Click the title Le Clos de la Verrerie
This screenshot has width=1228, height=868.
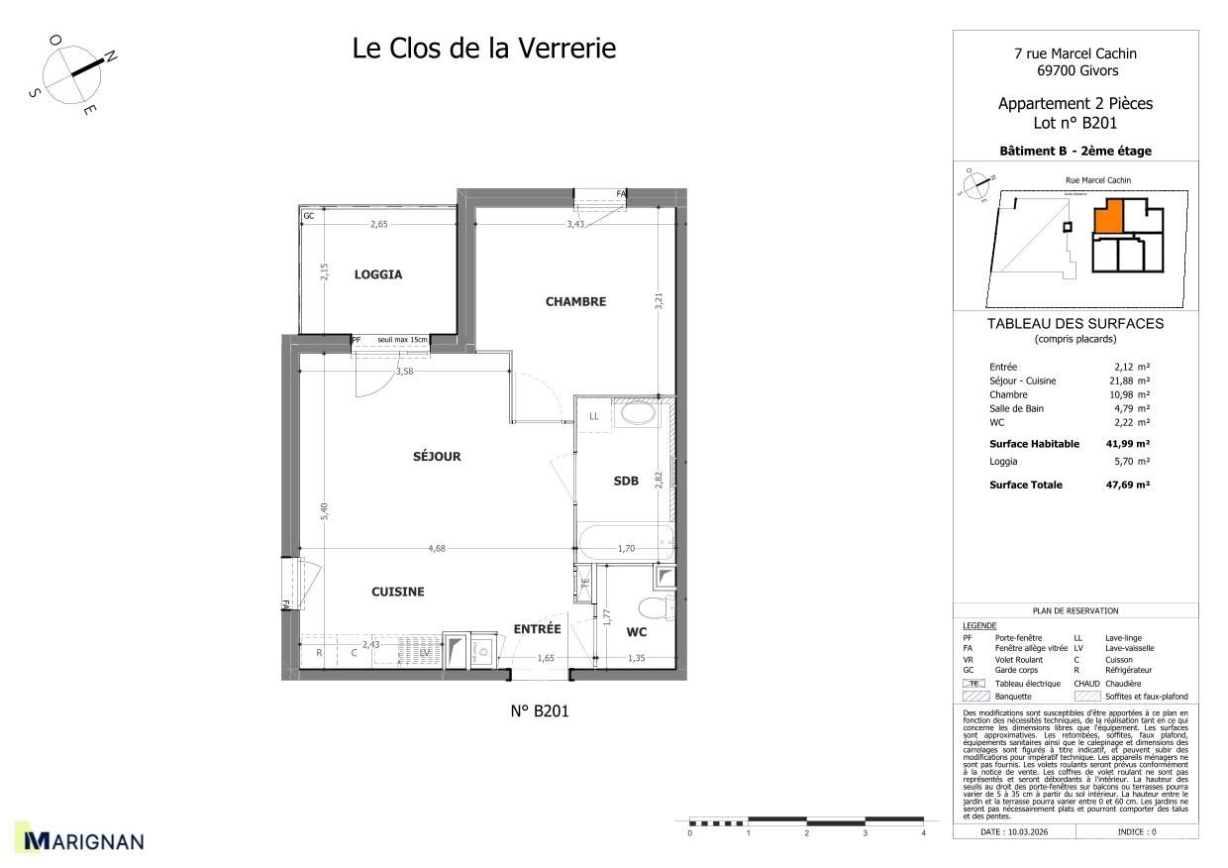click(484, 48)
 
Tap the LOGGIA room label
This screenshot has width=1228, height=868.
click(378, 274)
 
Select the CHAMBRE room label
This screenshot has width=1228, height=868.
click(575, 301)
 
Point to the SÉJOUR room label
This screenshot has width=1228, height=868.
click(437, 457)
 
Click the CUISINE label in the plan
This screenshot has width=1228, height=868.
click(398, 592)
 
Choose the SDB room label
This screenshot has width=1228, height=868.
click(626, 481)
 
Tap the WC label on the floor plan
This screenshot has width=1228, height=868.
click(637, 631)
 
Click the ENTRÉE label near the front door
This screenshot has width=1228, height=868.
click(537, 629)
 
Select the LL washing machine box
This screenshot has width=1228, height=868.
click(594, 416)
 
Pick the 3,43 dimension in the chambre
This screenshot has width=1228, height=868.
click(576, 225)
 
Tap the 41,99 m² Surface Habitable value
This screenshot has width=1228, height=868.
click(1127, 444)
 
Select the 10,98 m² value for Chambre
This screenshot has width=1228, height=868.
click(1129, 394)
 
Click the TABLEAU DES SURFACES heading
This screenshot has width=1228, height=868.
click(1074, 323)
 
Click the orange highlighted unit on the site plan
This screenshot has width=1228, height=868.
click(1108, 216)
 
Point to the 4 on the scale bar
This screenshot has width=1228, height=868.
click(923, 834)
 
